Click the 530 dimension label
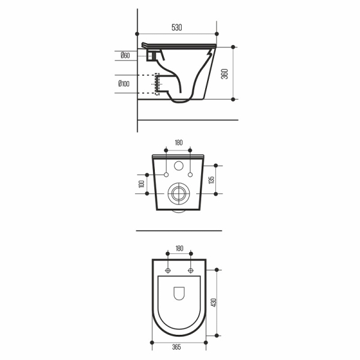tap(176, 28)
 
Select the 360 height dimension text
tap(224, 74)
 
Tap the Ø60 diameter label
tap(125, 55)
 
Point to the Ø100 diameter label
tap(124, 83)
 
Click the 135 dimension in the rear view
tap(211, 180)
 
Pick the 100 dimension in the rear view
tap(142, 184)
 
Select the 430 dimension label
tap(214, 303)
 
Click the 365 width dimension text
tap(176, 347)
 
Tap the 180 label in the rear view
tap(179, 143)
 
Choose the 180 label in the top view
tap(179, 248)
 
